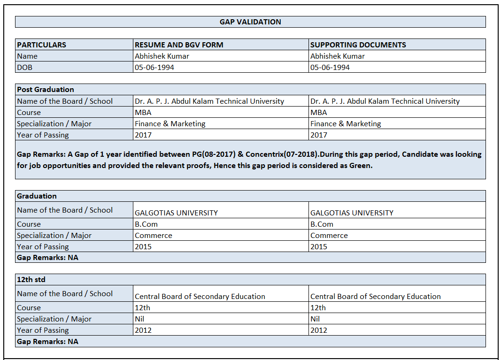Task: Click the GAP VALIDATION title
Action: [250, 22]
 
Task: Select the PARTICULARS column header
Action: [41, 45]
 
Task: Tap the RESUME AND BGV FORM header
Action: [179, 45]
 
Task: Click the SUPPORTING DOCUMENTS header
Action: [358, 45]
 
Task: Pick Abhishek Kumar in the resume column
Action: [162, 56]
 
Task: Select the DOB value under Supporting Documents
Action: [330, 67]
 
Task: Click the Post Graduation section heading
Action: [46, 89]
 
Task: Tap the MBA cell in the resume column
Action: [143, 113]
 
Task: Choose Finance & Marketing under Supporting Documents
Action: [345, 124]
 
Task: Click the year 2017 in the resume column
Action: [143, 135]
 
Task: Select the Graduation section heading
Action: [37, 196]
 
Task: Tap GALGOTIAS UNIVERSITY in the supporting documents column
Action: [352, 213]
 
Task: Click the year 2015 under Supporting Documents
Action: [319, 247]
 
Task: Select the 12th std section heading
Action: [31, 279]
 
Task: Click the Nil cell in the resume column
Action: [139, 319]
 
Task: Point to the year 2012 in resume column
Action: [143, 330]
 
